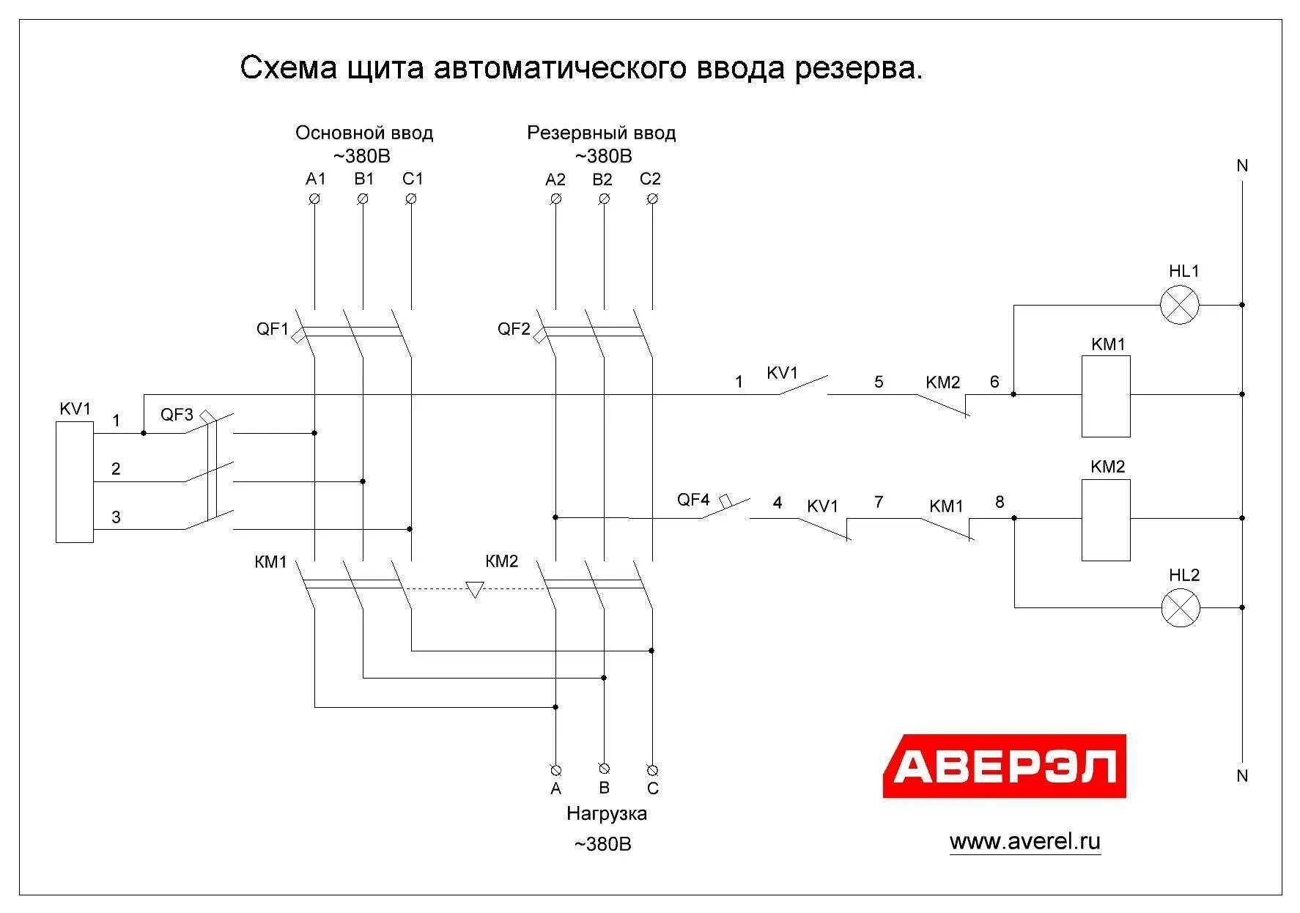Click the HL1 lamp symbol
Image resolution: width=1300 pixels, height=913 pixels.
[1180, 305]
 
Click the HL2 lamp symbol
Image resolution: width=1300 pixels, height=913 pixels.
[1181, 607]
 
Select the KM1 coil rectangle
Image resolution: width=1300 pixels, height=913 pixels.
[1106, 396]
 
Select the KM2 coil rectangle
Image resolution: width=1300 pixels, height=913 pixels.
[1106, 520]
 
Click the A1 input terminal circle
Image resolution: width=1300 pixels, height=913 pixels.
[315, 199]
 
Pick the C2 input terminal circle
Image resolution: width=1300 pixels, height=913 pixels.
[652, 199]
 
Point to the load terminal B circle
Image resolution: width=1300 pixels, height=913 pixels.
[604, 768]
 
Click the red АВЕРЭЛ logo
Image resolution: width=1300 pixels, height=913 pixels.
[1004, 766]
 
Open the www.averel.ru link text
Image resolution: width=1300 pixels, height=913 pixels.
[1024, 841]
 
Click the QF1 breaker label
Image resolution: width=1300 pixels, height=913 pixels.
[273, 329]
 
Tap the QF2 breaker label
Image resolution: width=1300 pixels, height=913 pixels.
[514, 329]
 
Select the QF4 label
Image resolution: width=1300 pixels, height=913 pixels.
[693, 500]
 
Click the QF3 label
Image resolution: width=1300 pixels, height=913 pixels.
[177, 415]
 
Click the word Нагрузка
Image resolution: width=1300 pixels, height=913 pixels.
[606, 813]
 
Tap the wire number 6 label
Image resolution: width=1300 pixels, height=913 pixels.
[994, 382]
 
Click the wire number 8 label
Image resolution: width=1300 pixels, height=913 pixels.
[1000, 502]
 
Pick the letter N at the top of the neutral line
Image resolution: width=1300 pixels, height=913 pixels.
[1242, 166]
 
